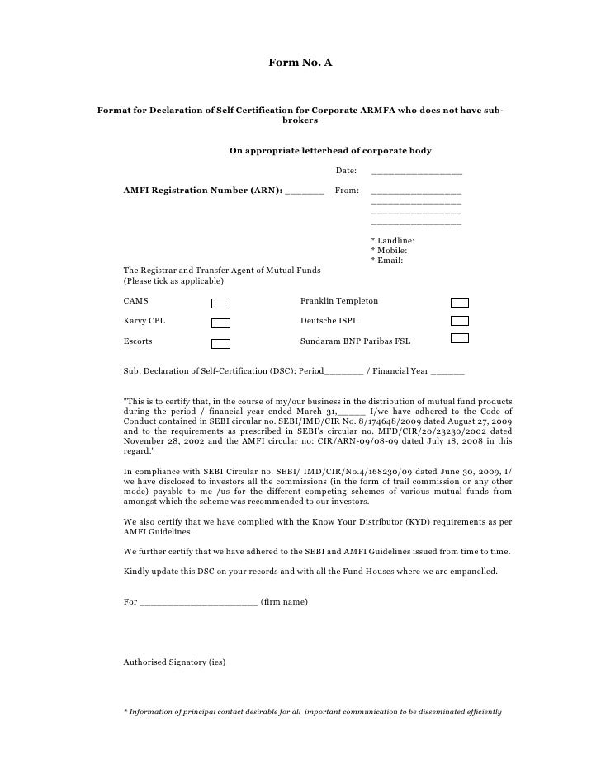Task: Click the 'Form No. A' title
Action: (300, 63)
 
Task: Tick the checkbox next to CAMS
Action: (220, 304)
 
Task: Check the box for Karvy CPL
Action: (220, 323)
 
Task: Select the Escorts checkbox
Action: (220, 342)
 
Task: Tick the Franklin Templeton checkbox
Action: (460, 302)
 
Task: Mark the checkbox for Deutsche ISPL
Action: (460, 321)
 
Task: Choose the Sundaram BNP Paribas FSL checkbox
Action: (460, 339)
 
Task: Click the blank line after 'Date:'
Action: (417, 174)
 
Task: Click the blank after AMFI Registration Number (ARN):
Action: (304, 192)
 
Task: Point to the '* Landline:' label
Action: (394, 240)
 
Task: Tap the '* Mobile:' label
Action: (390, 251)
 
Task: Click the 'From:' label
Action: (347, 191)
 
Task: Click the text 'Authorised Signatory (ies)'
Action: (174, 662)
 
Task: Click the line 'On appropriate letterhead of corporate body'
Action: (329, 151)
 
